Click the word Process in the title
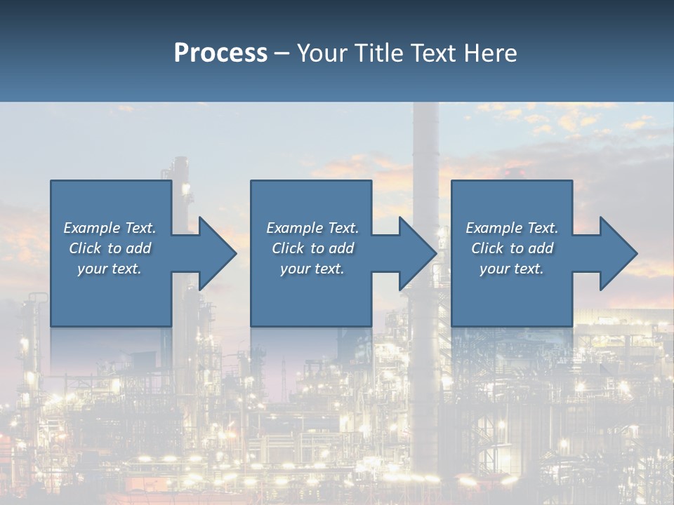click(220, 53)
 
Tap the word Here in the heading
click(490, 53)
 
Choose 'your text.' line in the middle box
click(312, 269)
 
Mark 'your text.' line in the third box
click(511, 269)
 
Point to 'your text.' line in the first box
click(109, 269)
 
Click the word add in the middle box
click(341, 248)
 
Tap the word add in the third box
click(540, 248)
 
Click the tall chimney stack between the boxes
click(424, 154)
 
